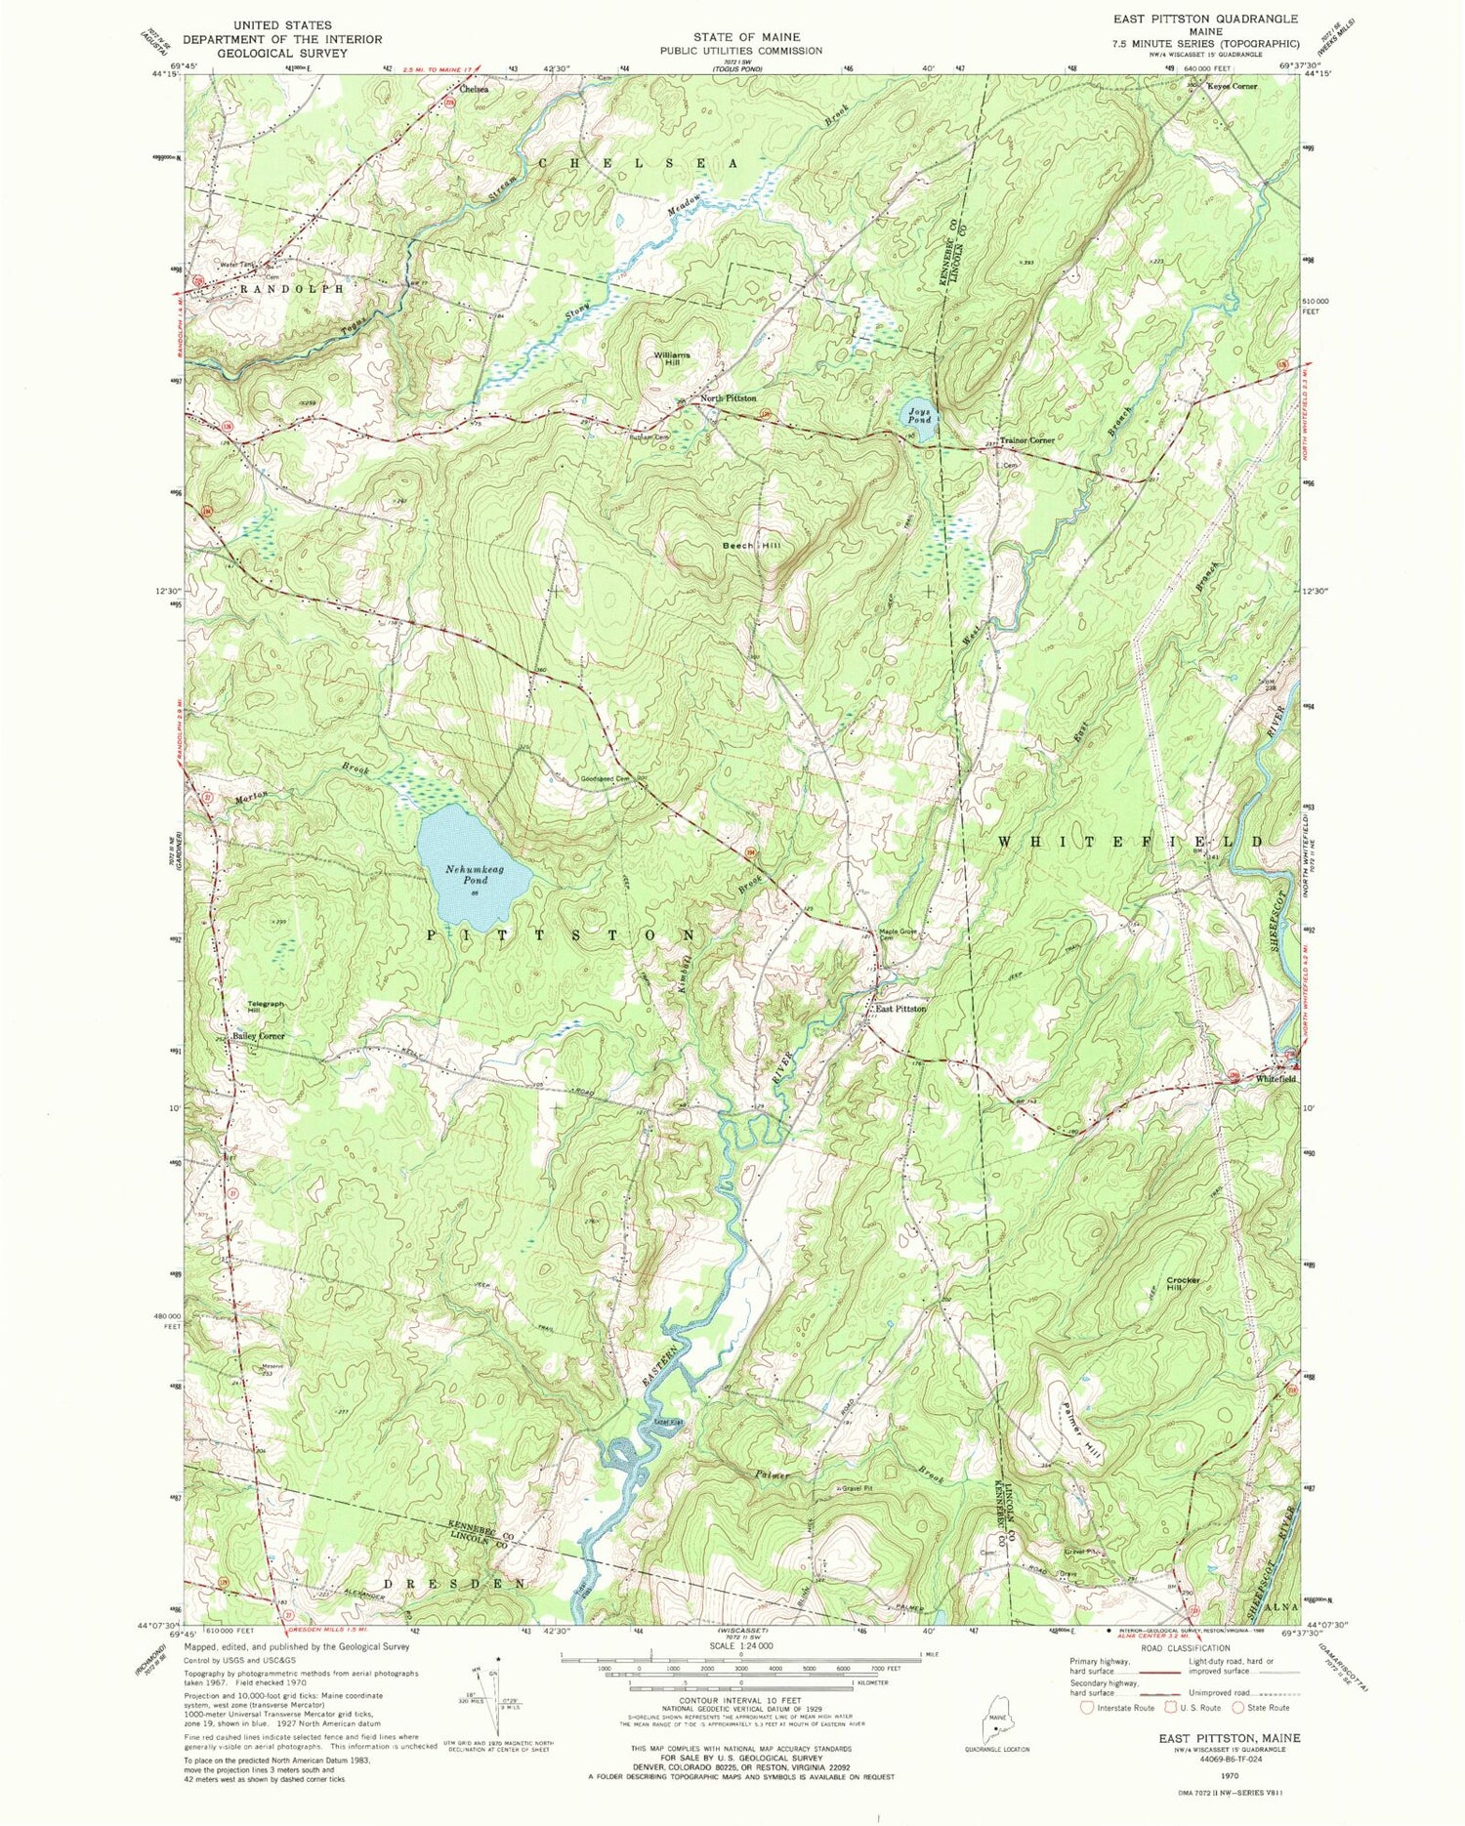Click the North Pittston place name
click(x=728, y=398)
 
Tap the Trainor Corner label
click(x=1025, y=440)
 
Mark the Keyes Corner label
click(x=1234, y=86)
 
